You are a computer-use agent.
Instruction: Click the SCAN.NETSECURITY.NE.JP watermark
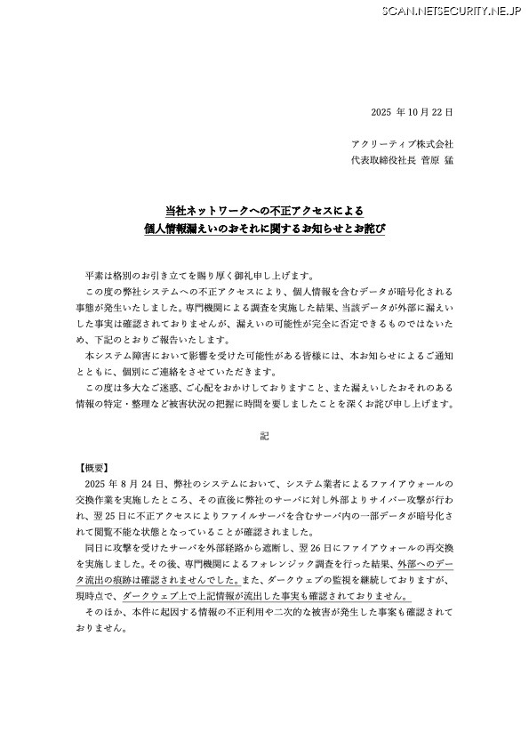pos(452,11)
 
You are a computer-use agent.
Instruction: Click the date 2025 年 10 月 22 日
pos(412,112)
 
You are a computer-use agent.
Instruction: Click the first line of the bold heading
pos(265,211)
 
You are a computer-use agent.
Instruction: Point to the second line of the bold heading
pos(265,230)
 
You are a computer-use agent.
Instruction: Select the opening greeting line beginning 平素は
pos(199,275)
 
